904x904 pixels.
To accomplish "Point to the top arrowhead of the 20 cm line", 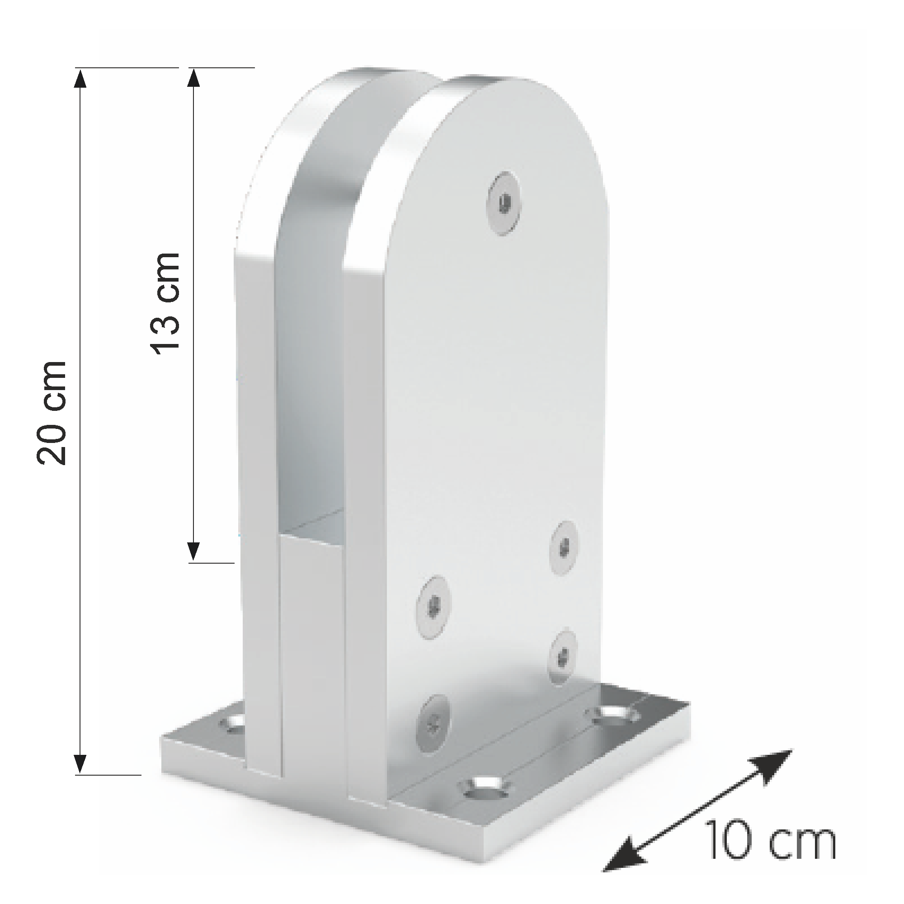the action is [80, 79].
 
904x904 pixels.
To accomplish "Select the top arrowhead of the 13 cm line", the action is [194, 79].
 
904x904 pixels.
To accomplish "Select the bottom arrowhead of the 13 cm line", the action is [194, 551].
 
